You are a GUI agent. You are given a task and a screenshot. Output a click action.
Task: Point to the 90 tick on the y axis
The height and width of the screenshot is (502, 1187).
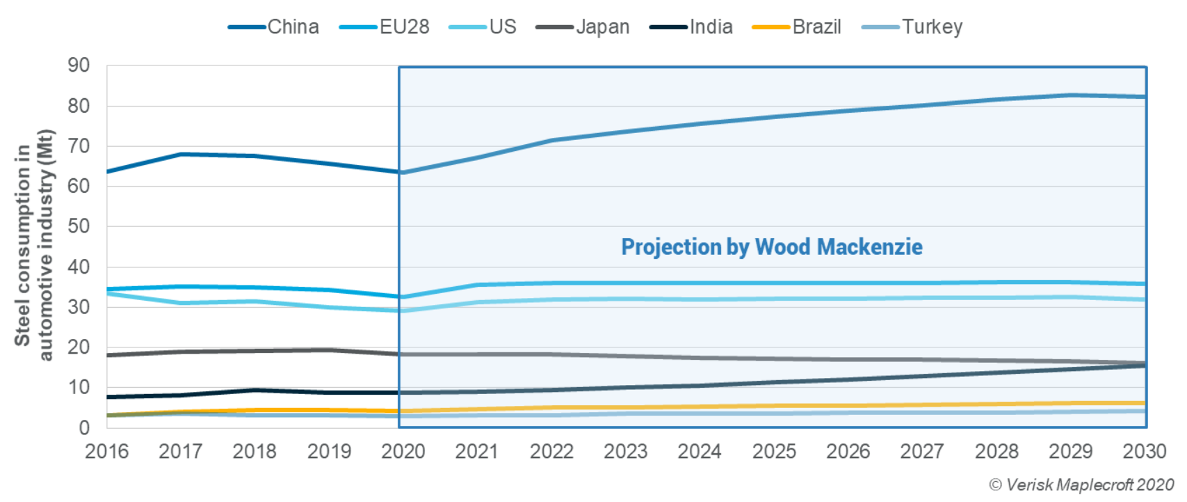(79, 65)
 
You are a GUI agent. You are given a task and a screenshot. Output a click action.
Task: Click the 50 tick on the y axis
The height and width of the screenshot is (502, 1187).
(79, 226)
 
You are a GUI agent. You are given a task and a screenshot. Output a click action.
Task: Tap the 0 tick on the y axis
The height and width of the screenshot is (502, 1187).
(84, 428)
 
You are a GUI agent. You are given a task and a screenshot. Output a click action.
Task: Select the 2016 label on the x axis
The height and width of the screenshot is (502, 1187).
(106, 452)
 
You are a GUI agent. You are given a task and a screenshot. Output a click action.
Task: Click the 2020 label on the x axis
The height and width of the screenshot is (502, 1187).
(403, 452)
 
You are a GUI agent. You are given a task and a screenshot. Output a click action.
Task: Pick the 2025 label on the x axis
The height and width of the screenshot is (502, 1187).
(774, 452)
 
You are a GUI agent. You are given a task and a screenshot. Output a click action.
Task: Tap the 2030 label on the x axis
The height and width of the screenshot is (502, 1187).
(1144, 452)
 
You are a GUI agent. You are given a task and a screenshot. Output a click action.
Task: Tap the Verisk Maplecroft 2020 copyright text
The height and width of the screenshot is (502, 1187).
(1081, 485)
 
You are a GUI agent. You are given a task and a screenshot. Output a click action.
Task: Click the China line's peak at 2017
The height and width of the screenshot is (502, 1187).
(181, 154)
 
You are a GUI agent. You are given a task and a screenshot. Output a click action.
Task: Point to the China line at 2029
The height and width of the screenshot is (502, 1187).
(1071, 95)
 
